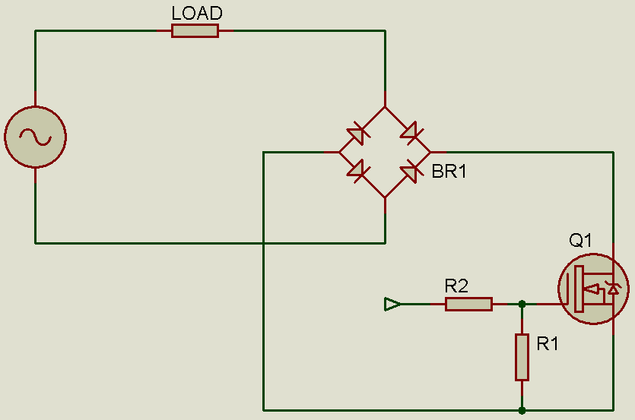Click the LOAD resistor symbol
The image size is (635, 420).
coord(195,30)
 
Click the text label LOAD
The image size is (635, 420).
coord(197,13)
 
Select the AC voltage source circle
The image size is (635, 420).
coord(35,137)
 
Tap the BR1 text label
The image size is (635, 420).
coord(449,172)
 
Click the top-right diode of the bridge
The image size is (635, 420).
coord(411,134)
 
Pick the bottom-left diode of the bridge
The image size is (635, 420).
coord(357,169)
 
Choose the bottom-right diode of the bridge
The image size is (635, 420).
coord(411,170)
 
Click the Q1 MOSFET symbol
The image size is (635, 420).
coord(593,289)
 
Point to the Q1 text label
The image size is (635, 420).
coord(581,241)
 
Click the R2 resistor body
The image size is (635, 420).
coord(468,304)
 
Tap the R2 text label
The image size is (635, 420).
coord(456,286)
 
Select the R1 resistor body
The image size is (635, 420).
coord(522,356)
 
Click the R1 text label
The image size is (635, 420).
coord(548,344)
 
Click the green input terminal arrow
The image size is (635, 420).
coord(392,304)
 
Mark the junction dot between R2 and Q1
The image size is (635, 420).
coord(522,304)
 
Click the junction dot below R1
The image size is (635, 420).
coord(522,410)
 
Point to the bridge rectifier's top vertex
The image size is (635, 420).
coord(385,107)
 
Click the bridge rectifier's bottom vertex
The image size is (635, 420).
coord(385,197)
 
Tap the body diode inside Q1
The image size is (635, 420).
coord(613,289)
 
